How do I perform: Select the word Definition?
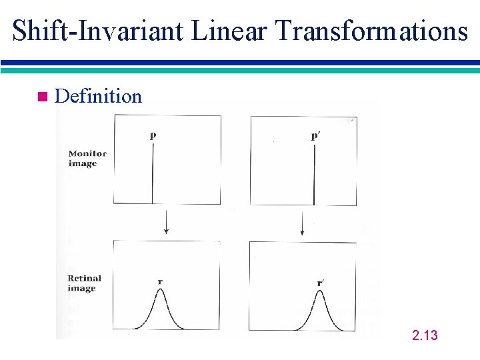tap(98, 97)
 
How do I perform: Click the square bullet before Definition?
tap(42, 97)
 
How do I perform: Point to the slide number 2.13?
tap(425, 335)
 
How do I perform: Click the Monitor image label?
tap(87, 159)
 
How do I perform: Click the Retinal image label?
tap(85, 283)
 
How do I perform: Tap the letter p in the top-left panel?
tap(153, 135)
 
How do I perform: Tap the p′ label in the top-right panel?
tap(315, 135)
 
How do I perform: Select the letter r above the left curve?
tap(160, 281)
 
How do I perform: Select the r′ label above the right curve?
tap(321, 283)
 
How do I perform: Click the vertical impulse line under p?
tap(153, 173)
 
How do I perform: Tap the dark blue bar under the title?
tap(240, 63)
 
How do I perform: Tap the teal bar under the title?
tap(240, 69)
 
